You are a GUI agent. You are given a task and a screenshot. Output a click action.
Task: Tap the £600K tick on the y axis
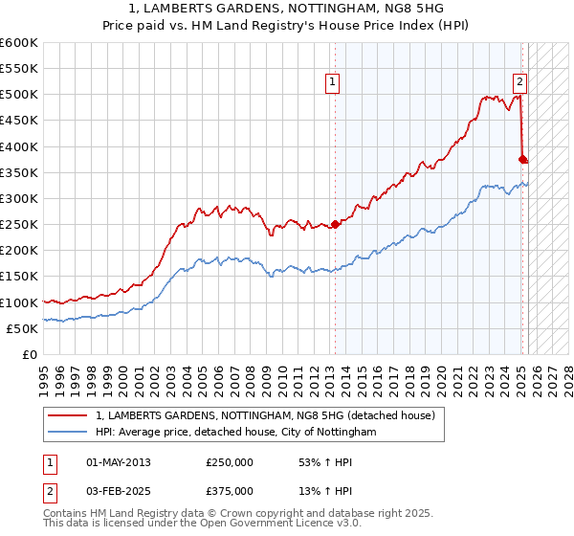tap(19, 43)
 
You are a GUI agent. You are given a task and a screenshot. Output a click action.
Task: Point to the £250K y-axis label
tap(19, 224)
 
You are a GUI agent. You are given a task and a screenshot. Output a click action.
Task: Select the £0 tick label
tap(29, 354)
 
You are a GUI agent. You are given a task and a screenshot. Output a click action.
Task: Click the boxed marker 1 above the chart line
tap(332, 81)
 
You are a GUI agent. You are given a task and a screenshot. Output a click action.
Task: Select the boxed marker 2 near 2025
tap(519, 81)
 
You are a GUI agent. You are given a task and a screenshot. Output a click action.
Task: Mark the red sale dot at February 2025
tap(522, 160)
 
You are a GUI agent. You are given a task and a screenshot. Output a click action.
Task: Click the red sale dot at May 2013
tap(335, 225)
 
